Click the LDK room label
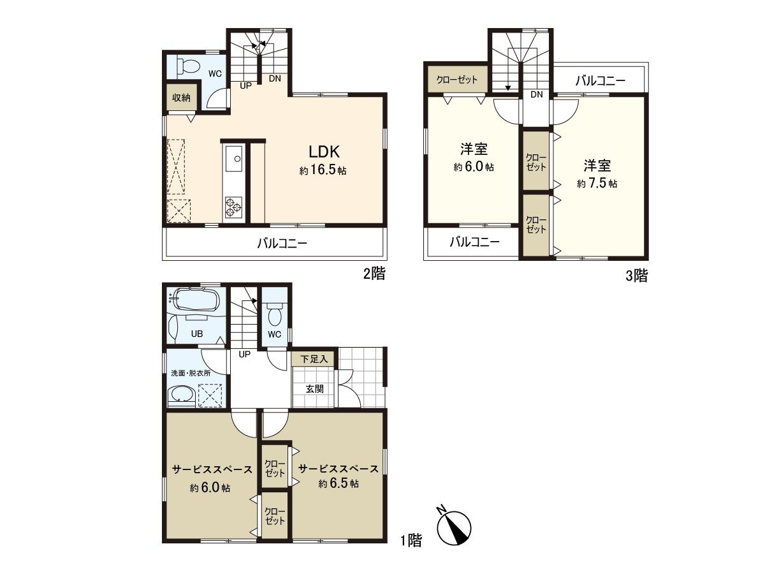point(324,152)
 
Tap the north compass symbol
point(453,527)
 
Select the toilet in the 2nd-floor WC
point(188,66)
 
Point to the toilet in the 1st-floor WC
point(275,313)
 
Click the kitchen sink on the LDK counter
point(234,159)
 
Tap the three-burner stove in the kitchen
point(233,207)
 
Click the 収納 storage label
point(181,98)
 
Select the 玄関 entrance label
point(315,389)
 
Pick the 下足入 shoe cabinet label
point(314,359)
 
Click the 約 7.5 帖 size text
point(597,183)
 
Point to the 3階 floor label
point(637,276)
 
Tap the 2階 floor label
point(375,274)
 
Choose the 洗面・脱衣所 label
point(191,373)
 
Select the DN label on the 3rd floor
point(537,94)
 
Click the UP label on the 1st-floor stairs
point(245,354)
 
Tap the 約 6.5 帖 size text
point(338,483)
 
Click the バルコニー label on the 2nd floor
point(282,243)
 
